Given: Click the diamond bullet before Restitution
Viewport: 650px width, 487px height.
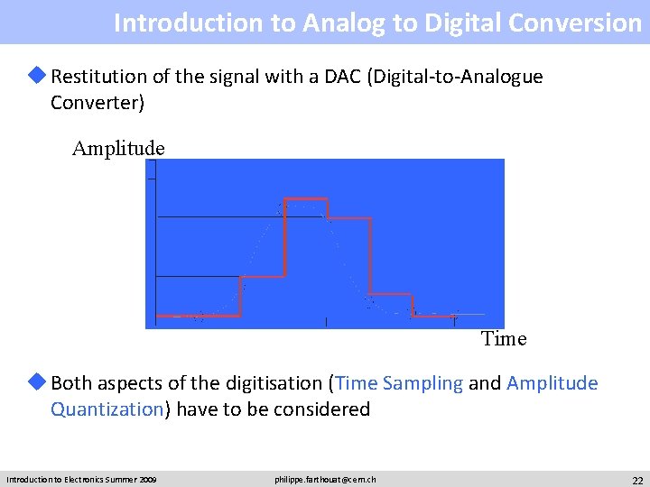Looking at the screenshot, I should pyautogui.click(x=39, y=77).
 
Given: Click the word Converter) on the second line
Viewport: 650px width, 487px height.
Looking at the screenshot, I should pyautogui.click(x=97, y=103).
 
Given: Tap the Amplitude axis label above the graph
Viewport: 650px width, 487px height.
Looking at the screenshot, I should pyautogui.click(x=118, y=148).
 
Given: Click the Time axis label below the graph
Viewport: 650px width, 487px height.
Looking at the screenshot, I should pyautogui.click(x=504, y=339).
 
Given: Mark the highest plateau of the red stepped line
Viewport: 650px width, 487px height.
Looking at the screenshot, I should pyautogui.click(x=306, y=198).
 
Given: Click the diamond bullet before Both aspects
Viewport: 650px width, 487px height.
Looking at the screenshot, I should pyautogui.click(x=39, y=383).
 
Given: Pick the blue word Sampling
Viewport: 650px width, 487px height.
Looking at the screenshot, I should pyautogui.click(x=422, y=383).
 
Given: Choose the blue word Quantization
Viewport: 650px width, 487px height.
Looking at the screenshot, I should pyautogui.click(x=107, y=409).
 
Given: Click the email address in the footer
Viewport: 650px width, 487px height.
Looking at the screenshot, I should pyautogui.click(x=325, y=479).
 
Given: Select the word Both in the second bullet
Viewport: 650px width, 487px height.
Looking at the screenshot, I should pyautogui.click(x=71, y=383).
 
